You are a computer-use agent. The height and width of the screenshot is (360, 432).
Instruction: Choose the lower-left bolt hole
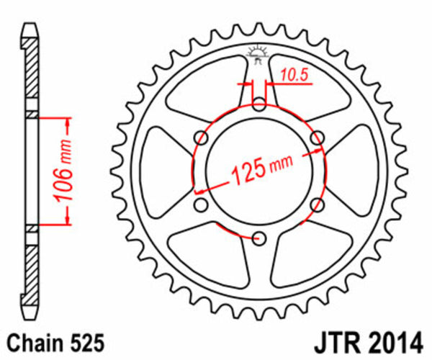point(202,205)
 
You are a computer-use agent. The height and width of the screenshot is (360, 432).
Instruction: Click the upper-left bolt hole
point(202,138)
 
